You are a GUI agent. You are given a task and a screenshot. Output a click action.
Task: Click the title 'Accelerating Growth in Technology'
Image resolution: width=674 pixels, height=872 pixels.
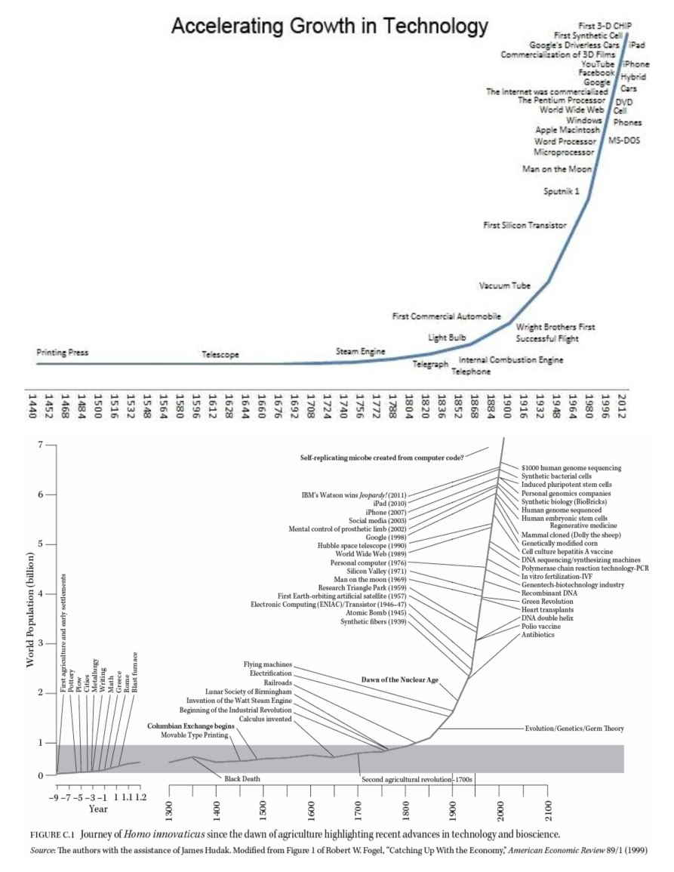tap(330, 28)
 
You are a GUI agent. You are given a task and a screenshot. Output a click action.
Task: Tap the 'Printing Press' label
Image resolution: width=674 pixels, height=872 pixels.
tap(62, 353)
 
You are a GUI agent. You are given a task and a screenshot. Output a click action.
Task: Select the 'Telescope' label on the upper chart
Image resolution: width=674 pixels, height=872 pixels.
tap(220, 354)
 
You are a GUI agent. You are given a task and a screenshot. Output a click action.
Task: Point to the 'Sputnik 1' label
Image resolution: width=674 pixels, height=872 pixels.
tap(562, 192)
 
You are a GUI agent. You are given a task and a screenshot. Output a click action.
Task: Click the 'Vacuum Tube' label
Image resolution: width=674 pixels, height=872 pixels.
tap(504, 285)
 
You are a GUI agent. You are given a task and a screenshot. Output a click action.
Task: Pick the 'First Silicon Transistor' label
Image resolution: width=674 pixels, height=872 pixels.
tap(525, 225)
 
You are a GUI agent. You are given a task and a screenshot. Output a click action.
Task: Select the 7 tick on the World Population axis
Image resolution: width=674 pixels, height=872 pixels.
tap(41, 445)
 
